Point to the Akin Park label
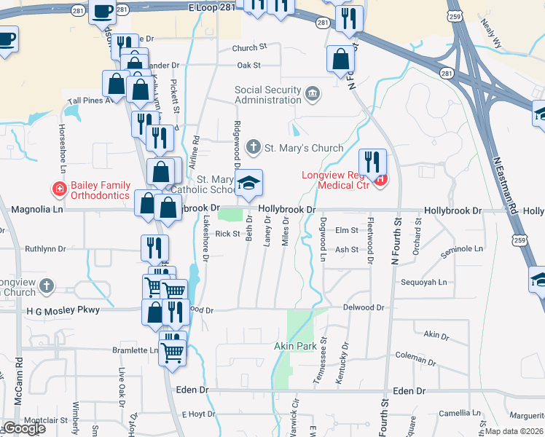[x=295, y=346]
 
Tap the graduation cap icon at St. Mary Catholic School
[x=248, y=184]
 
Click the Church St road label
[x=250, y=48]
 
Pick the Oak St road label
[x=248, y=66]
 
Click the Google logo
[x=23, y=428]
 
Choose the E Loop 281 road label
[x=211, y=7]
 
